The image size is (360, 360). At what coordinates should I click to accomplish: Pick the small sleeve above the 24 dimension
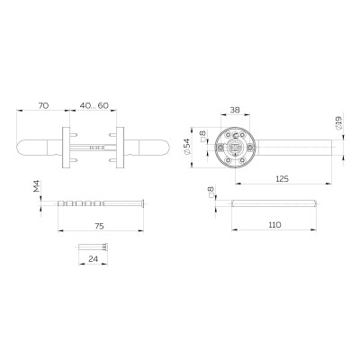pyautogui.click(x=92, y=247)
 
